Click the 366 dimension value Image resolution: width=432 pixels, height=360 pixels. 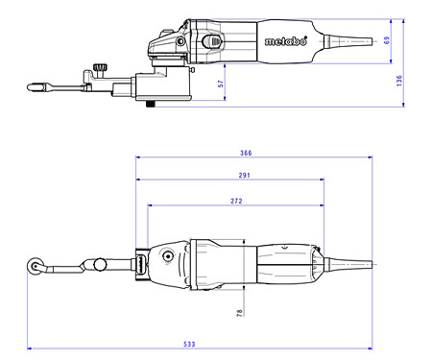click(247, 152)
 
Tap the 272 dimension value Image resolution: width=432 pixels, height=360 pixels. click(237, 201)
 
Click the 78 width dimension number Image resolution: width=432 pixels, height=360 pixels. click(239, 312)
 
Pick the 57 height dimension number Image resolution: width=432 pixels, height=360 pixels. click(221, 84)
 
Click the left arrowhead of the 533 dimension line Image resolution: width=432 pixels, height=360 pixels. click(30, 348)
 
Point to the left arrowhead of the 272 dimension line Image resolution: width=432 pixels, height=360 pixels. click(150, 205)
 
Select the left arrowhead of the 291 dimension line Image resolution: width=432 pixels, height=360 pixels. click(139, 180)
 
